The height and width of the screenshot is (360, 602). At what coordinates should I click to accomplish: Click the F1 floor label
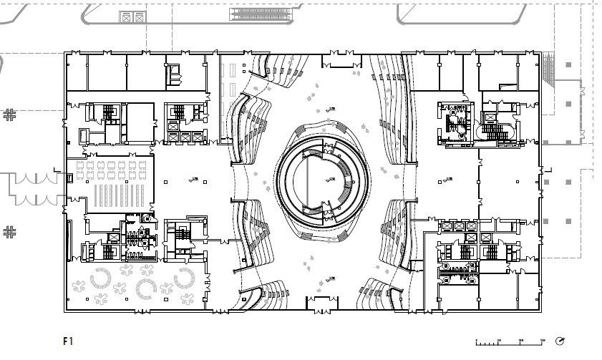pyautogui.click(x=68, y=341)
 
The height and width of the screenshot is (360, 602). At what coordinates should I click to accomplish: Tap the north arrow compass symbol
pyautogui.click(x=560, y=340)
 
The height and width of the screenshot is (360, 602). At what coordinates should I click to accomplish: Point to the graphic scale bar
pyautogui.click(x=509, y=341)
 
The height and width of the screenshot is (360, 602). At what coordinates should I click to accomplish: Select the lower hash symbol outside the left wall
pyautogui.click(x=9, y=231)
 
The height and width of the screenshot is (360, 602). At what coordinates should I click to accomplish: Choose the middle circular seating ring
pyautogui.click(x=147, y=288)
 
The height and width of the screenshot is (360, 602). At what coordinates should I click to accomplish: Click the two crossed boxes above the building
pyautogui.click(x=131, y=16)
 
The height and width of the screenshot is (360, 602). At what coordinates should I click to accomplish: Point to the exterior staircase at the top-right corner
pyautogui.click(x=550, y=68)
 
